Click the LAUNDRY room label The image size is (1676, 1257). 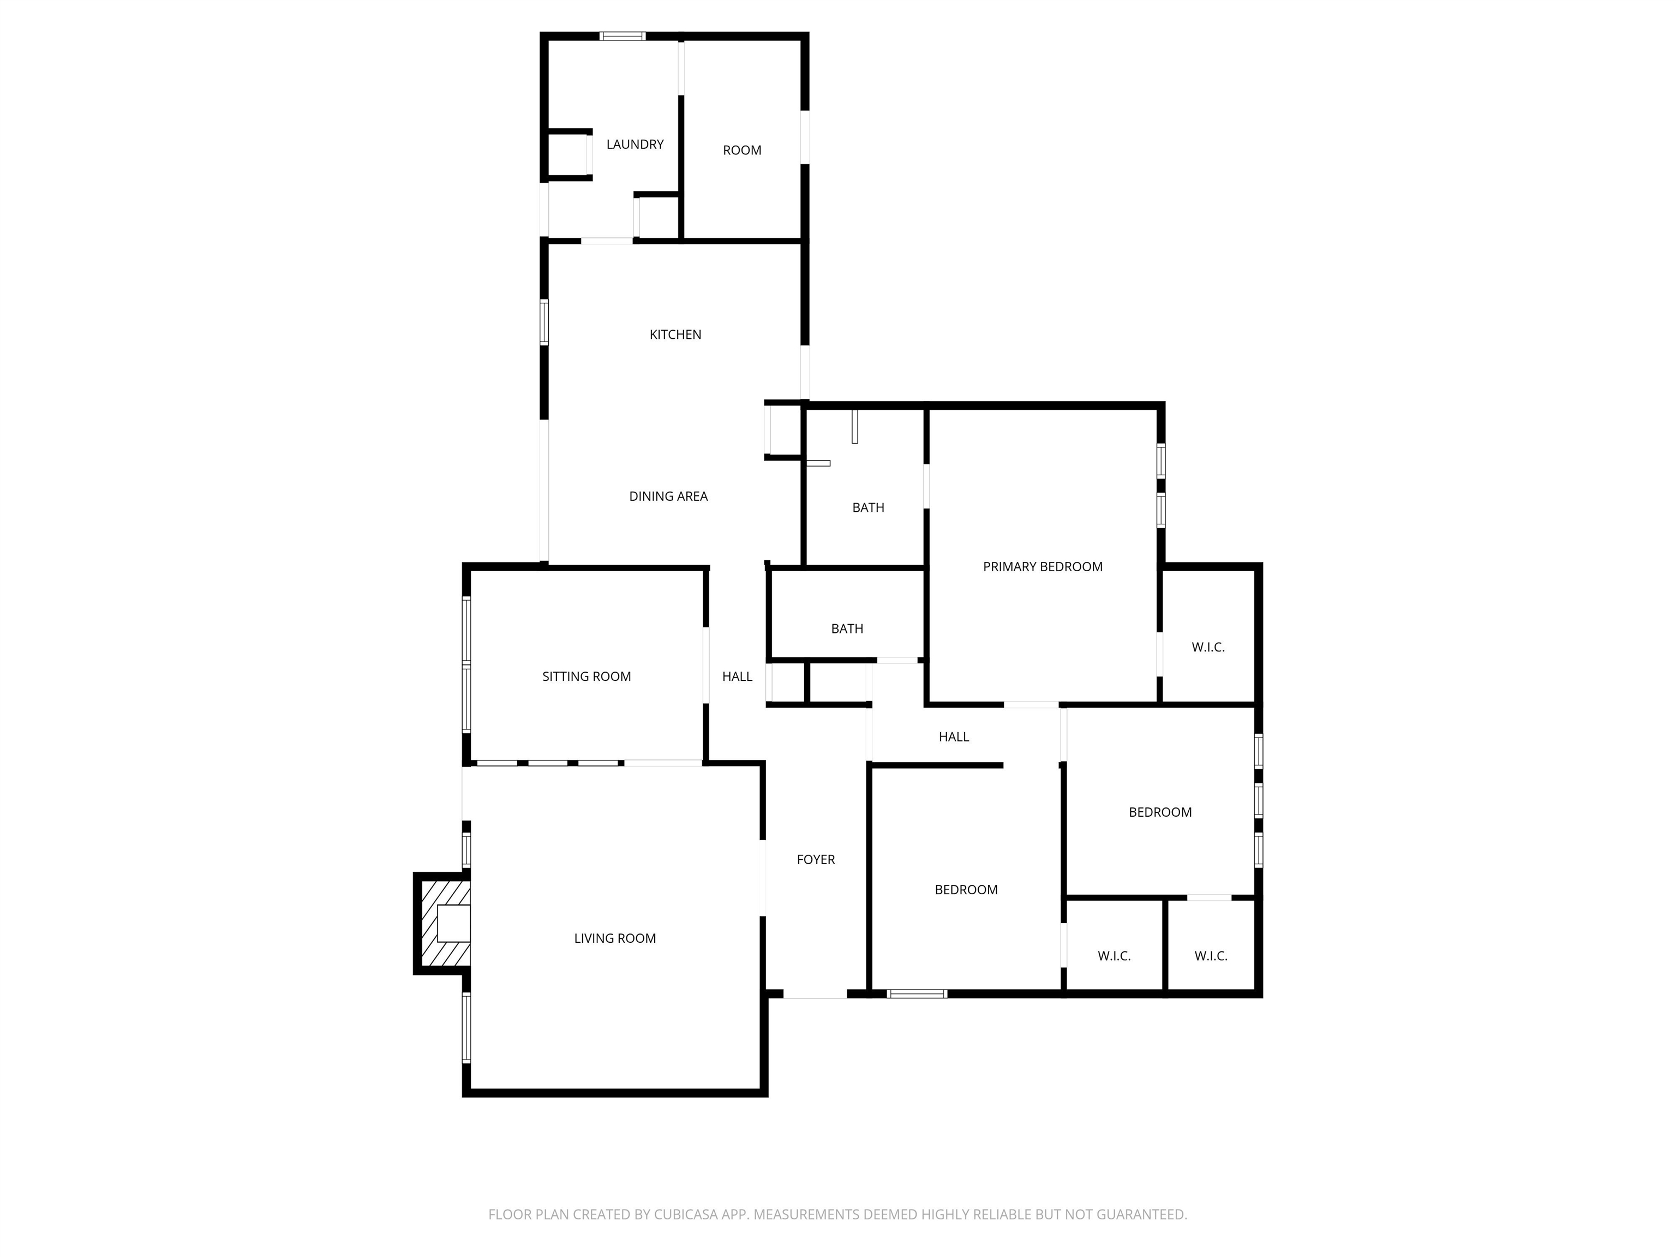(635, 144)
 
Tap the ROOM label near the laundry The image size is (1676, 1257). (742, 150)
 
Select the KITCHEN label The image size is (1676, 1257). (675, 334)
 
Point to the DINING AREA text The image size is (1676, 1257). (668, 496)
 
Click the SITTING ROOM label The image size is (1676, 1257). (586, 677)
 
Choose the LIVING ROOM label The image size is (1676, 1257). (614, 938)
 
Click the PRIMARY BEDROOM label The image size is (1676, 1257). (1043, 567)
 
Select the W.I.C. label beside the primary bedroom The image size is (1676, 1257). (1208, 647)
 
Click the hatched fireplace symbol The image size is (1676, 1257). (443, 923)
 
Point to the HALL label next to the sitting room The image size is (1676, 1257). (737, 677)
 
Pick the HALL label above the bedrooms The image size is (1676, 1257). (954, 737)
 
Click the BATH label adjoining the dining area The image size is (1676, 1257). (869, 507)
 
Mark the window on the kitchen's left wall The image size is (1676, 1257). (544, 323)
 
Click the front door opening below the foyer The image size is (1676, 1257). (815, 993)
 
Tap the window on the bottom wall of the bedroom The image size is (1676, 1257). (917, 993)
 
